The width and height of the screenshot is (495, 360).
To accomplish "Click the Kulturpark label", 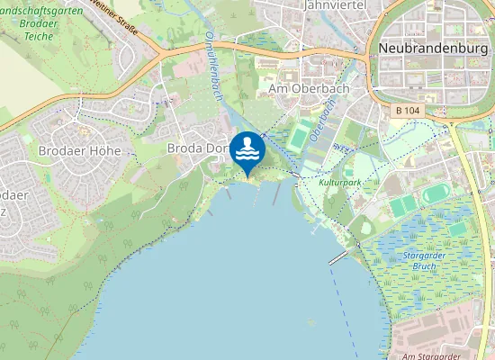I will (x=340, y=182).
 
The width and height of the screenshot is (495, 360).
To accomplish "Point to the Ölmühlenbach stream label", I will (x=214, y=67).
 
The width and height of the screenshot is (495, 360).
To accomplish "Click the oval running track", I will (x=437, y=193).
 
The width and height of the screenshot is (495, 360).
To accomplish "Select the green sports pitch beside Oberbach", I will (x=298, y=137).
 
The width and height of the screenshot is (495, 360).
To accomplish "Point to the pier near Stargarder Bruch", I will (x=339, y=256).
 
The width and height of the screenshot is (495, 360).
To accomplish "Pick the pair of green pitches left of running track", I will (x=403, y=205).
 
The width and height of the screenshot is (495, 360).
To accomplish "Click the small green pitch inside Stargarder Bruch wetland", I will (x=458, y=229).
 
